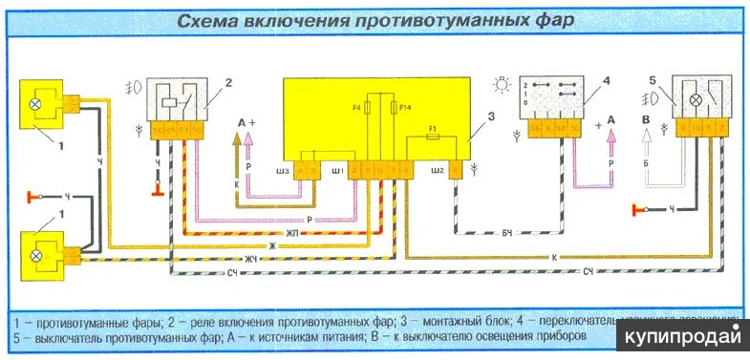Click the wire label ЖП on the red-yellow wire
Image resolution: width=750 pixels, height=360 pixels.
(311, 231)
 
